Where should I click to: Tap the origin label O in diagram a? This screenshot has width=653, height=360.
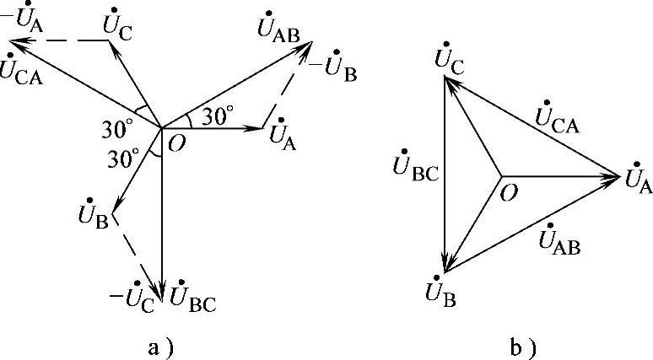[177, 144]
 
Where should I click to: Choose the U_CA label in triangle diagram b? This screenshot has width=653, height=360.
[557, 121]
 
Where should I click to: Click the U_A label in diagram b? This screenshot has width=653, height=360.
[638, 180]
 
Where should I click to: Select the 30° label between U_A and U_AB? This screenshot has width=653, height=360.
[217, 119]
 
